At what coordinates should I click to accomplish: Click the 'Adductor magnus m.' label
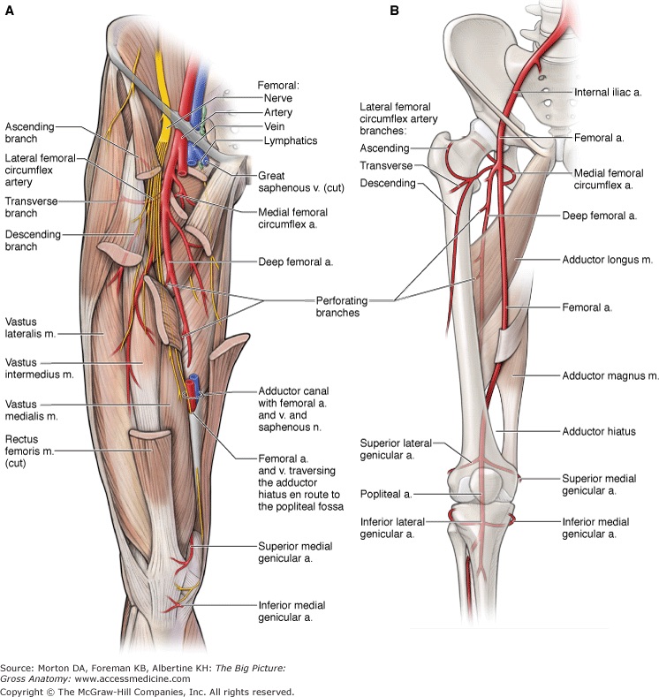[x=610, y=375]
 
